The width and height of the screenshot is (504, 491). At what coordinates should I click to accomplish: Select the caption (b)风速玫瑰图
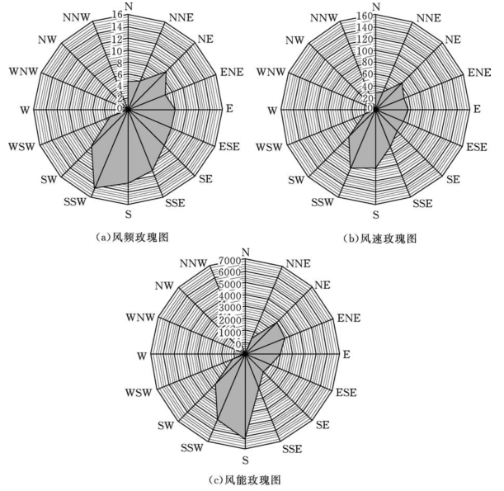click(379, 238)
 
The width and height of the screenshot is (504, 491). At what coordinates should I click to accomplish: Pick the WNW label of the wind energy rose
click(140, 318)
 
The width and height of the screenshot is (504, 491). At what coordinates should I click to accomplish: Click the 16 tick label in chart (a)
click(119, 15)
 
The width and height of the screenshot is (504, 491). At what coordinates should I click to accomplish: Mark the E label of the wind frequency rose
click(229, 109)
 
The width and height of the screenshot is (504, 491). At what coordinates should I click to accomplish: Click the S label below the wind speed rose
click(376, 215)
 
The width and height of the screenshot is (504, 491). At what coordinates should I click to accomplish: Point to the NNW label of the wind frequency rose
click(76, 17)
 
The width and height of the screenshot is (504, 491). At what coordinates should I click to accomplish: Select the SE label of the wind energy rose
click(324, 424)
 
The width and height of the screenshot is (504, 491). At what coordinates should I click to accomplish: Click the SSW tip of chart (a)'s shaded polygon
click(93, 188)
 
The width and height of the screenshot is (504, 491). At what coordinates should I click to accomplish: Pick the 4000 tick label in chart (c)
click(230, 296)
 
